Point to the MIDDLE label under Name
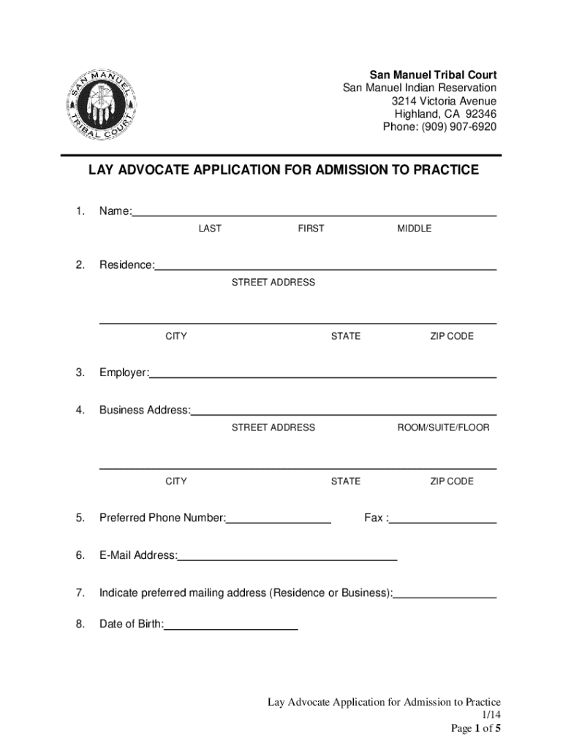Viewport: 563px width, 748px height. pyautogui.click(x=415, y=229)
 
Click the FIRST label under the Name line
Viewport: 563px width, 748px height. pyautogui.click(x=311, y=229)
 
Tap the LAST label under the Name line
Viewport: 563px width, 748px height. pyautogui.click(x=210, y=229)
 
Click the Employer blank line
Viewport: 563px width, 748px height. pyautogui.click(x=322, y=375)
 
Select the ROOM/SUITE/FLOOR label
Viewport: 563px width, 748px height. pyautogui.click(x=443, y=427)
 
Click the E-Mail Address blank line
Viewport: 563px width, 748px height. pyautogui.click(x=287, y=559)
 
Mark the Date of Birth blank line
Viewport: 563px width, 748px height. pyautogui.click(x=231, y=627)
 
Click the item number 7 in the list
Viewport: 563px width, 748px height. pyautogui.click(x=79, y=592)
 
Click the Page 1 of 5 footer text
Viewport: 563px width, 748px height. pyautogui.click(x=475, y=729)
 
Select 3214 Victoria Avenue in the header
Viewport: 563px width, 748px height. pyautogui.click(x=444, y=101)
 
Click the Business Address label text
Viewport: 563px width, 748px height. pyautogui.click(x=145, y=410)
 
